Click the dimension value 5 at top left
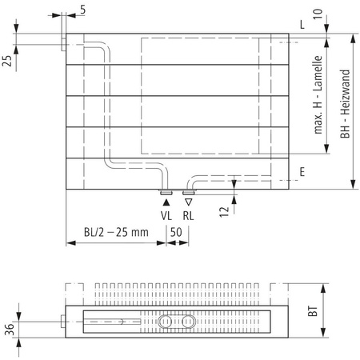(x=84, y=10)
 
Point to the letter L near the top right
(x=302, y=24)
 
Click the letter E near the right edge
(x=302, y=172)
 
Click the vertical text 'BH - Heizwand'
(x=345, y=104)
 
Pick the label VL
(x=166, y=215)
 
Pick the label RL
(x=188, y=215)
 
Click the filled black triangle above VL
(x=166, y=203)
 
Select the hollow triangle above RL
(x=188, y=203)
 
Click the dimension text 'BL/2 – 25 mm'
(x=117, y=232)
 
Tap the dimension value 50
(x=177, y=232)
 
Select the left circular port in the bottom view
(x=166, y=322)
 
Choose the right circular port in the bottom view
(x=188, y=322)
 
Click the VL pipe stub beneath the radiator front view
(x=166, y=192)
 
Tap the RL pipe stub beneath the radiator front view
(x=188, y=192)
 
